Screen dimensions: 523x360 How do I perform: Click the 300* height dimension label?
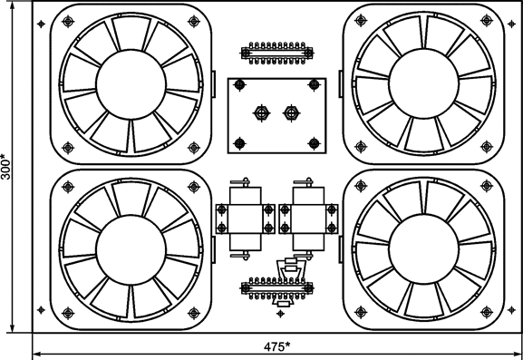pyautogui.click(x=6, y=167)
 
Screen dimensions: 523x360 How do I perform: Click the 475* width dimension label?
pyautogui.click(x=276, y=346)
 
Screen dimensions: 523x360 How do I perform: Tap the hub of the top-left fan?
pyautogui.click(x=131, y=84)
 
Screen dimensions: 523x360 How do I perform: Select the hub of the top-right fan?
pyautogui.click(x=423, y=83)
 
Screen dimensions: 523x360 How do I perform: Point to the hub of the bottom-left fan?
pyautogui.click(x=131, y=250)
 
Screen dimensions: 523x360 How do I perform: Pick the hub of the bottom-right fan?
pyautogui.click(x=423, y=248)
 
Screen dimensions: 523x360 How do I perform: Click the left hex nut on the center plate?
pyautogui.click(x=261, y=113)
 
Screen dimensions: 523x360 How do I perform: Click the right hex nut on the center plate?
pyautogui.click(x=292, y=113)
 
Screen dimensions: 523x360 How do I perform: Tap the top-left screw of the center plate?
pyautogui.click(x=239, y=84)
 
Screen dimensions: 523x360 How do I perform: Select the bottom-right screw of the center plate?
pyautogui.click(x=315, y=143)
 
